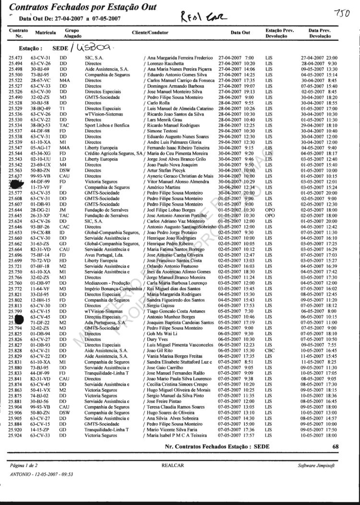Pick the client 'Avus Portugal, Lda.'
tap(105, 255)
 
